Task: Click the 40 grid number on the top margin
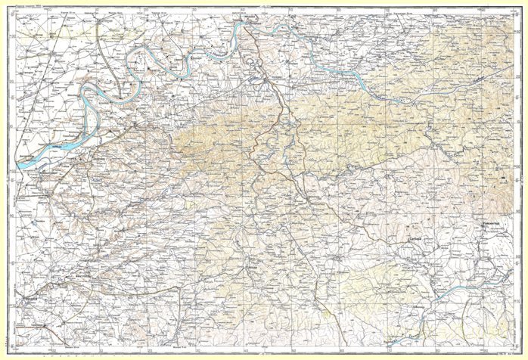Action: coord(242,10)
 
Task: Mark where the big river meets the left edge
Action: coord(17,162)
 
